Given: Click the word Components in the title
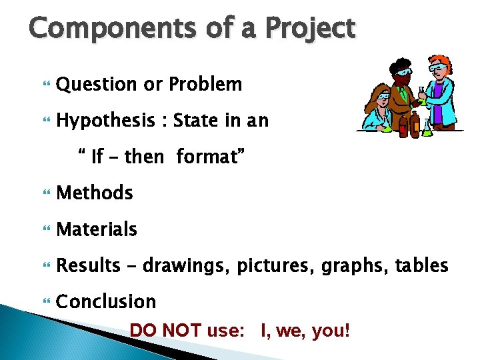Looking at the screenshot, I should coord(101,29).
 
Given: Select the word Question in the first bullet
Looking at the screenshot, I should coord(96,85).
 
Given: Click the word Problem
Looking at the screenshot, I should coord(205,85).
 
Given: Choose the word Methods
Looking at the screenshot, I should coord(95,193).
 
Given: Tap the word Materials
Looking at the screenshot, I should coord(97,229).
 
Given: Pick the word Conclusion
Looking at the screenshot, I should coord(106,301).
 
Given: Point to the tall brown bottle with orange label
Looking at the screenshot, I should coord(415,124).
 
